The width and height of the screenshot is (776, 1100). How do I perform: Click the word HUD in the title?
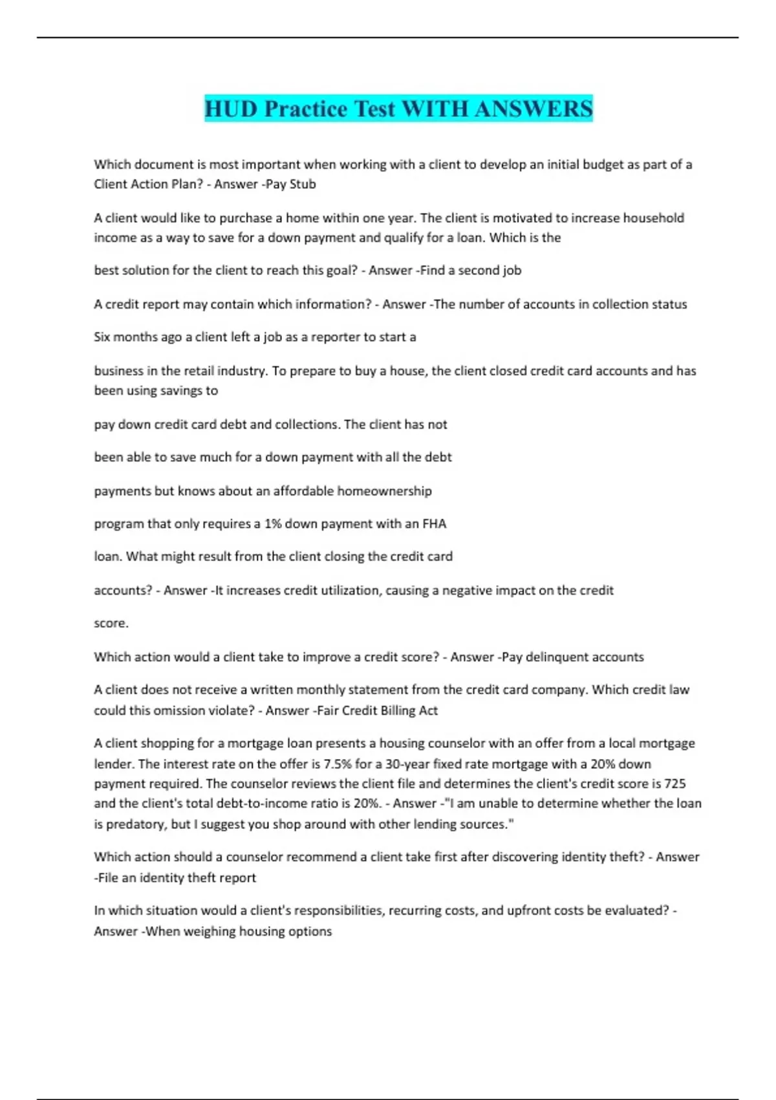pos(232,109)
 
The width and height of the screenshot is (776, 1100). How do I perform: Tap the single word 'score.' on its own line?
pos(111,623)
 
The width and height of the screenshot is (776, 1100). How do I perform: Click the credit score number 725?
pos(675,784)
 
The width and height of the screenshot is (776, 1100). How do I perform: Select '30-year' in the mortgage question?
pos(407,764)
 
